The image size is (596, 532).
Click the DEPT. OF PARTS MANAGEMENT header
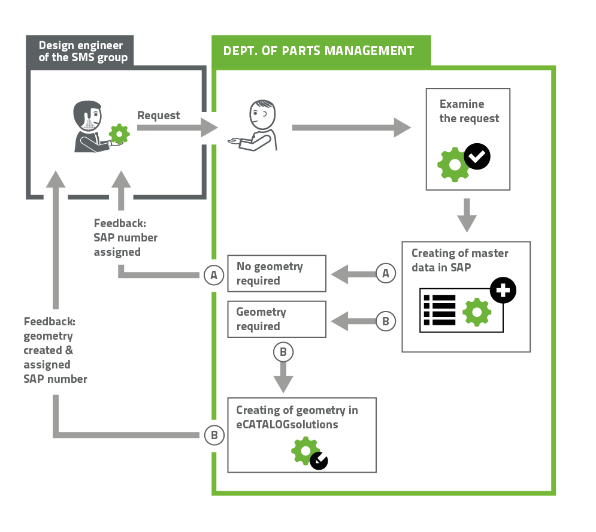click(319, 51)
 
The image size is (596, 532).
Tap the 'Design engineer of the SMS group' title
click(83, 52)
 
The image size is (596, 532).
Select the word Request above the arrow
click(158, 115)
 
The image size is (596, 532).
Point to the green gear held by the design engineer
click(120, 132)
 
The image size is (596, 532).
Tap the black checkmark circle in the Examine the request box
click(477, 157)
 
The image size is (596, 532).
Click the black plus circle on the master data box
click(503, 291)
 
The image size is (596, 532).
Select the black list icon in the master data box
click(439, 310)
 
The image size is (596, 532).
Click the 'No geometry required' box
click(277, 274)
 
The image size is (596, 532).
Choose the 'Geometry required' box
click(277, 319)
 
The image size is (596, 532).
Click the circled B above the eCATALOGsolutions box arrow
click(283, 352)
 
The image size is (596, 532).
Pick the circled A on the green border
click(214, 275)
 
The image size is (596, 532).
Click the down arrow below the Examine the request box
click(467, 214)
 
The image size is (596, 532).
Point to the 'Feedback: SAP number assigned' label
click(125, 238)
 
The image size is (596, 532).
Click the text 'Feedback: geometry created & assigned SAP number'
click(55, 350)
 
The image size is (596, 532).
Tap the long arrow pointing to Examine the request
click(351, 127)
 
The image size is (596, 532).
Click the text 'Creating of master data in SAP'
click(459, 260)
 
